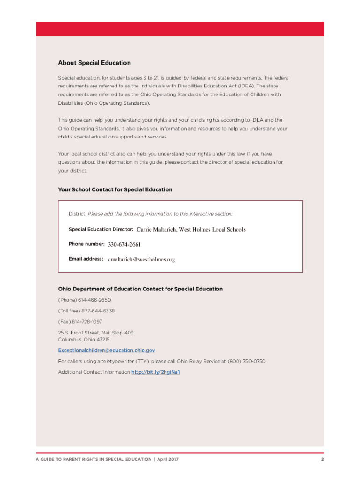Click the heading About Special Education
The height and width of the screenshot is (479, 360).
pyautogui.click(x=94, y=63)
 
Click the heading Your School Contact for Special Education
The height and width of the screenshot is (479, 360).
pyautogui.click(x=115, y=189)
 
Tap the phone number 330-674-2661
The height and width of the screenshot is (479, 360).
pyautogui.click(x=124, y=244)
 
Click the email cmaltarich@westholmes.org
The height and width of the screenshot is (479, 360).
pyautogui.click(x=141, y=259)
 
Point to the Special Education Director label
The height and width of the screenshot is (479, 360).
pyautogui.click(x=101, y=229)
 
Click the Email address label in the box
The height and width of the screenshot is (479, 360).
pyautogui.click(x=86, y=259)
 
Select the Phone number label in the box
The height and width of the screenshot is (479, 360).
pyautogui.click(x=86, y=244)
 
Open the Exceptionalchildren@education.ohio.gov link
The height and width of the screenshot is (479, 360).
pyautogui.click(x=106, y=350)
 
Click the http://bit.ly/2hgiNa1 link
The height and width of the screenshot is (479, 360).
pyautogui.click(x=156, y=372)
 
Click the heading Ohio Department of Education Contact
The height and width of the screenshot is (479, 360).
pyautogui.click(x=140, y=289)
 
